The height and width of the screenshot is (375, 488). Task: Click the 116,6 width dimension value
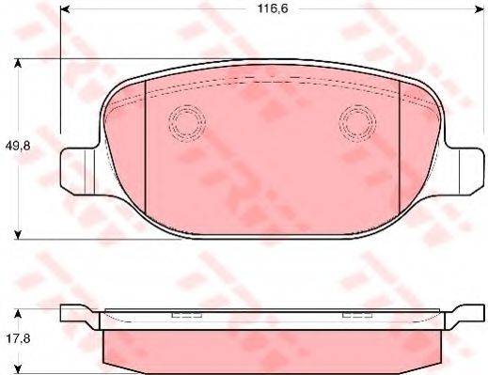273,8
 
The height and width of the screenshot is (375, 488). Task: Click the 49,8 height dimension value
18,146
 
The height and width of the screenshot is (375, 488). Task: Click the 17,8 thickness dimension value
18,338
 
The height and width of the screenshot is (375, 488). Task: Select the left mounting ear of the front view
78,171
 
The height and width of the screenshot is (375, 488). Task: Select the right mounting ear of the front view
464,171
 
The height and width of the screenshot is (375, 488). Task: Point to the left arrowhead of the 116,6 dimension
65,10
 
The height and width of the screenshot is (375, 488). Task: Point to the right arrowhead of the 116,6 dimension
480,10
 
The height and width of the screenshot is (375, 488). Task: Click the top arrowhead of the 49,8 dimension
19,63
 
